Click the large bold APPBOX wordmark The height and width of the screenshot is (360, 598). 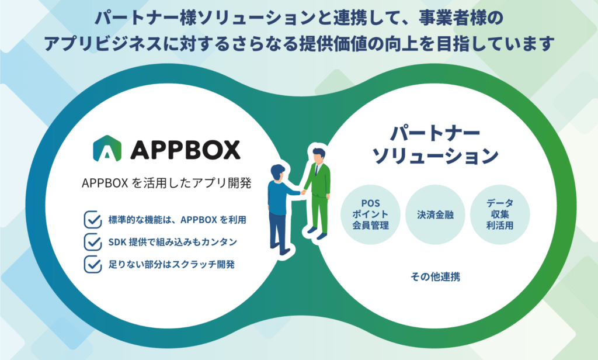185,149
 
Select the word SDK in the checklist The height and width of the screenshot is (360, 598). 117,241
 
